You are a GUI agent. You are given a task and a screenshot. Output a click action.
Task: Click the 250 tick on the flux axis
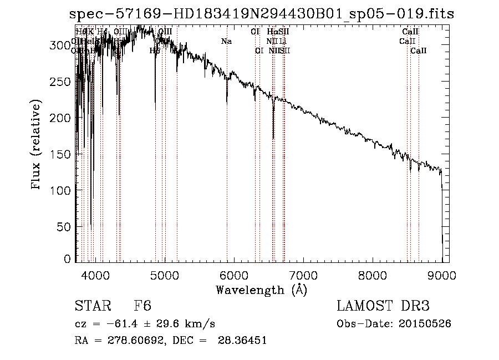click(64, 82)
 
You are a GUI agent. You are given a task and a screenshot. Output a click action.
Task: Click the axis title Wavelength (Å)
click(261, 290)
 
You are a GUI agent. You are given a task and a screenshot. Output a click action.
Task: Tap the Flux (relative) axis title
click(37, 145)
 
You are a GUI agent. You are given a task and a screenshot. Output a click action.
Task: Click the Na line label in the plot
click(226, 42)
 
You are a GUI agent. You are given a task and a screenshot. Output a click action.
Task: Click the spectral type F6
click(142, 307)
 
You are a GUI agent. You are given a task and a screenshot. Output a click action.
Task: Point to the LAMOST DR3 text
click(383, 307)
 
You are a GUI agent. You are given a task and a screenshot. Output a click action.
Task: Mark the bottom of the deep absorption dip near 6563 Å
click(273, 138)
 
